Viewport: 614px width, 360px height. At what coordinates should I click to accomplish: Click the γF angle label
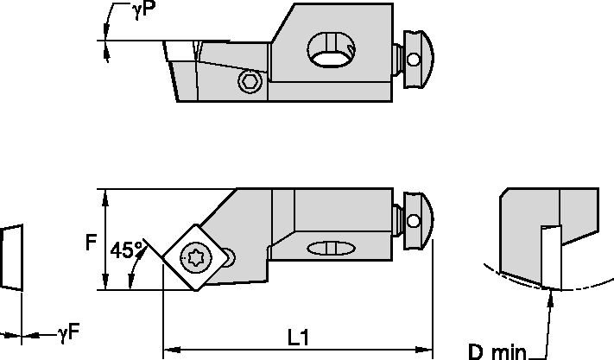(x=68, y=332)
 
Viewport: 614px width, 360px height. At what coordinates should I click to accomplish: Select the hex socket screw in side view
(x=250, y=81)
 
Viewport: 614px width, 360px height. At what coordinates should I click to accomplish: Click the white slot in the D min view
(x=549, y=255)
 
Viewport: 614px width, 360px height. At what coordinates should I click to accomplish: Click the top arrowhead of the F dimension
(x=105, y=195)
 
